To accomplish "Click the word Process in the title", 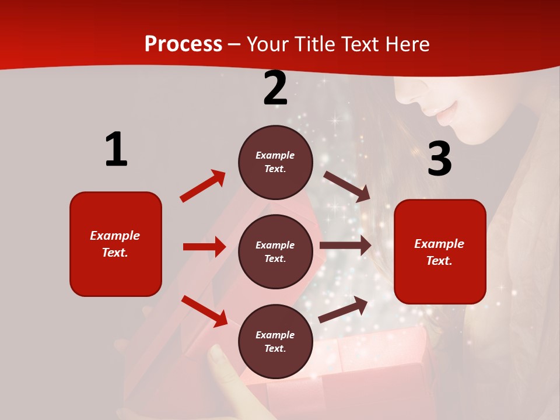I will pyautogui.click(x=183, y=44).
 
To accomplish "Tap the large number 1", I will pyautogui.click(x=116, y=149).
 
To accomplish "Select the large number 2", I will pyautogui.click(x=275, y=88).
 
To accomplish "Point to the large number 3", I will pyautogui.click(x=439, y=159).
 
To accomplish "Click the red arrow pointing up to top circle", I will pyautogui.click(x=202, y=186).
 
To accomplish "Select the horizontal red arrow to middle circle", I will pyautogui.click(x=204, y=247).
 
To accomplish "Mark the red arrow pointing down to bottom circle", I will pyautogui.click(x=204, y=311).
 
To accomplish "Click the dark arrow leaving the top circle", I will pyautogui.click(x=346, y=186).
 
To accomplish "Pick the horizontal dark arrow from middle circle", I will pyautogui.click(x=345, y=246).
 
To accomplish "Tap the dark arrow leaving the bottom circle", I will pyautogui.click(x=343, y=310).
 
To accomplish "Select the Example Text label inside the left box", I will pyautogui.click(x=115, y=244).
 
